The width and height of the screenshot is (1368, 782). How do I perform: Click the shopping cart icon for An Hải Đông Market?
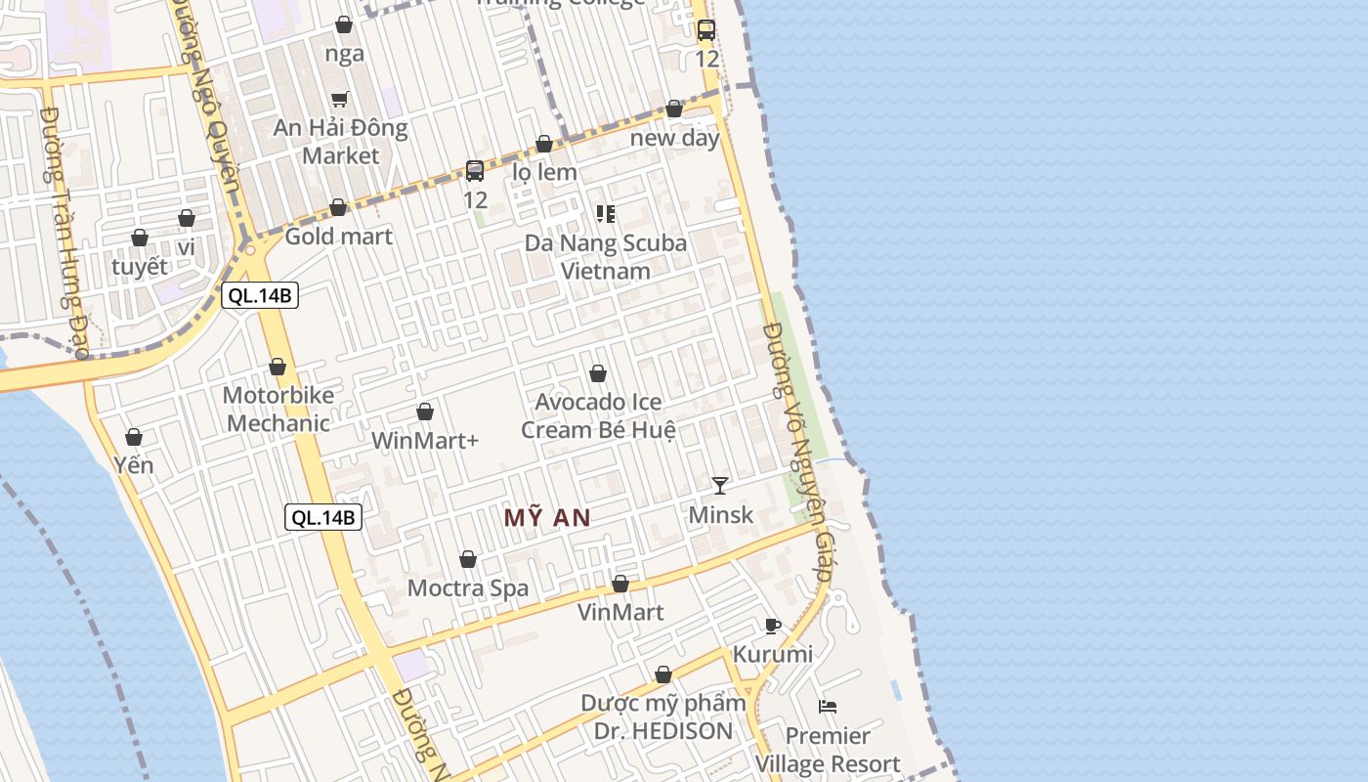(339, 99)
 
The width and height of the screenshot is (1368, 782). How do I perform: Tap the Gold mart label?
(338, 237)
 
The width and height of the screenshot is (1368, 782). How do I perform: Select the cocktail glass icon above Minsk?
(720, 486)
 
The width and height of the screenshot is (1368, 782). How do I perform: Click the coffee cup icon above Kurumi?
(772, 627)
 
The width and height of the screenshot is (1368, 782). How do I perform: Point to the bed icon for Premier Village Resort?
(828, 707)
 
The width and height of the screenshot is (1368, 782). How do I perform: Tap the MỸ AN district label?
(547, 518)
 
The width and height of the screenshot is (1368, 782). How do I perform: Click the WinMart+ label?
(425, 441)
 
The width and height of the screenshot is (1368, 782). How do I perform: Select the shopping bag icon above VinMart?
(620, 585)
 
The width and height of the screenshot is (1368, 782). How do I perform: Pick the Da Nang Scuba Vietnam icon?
(606, 213)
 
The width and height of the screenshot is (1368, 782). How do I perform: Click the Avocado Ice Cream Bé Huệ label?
(598, 415)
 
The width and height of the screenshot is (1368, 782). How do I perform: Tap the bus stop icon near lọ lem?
(475, 171)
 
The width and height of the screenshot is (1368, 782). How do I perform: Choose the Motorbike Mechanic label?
(278, 410)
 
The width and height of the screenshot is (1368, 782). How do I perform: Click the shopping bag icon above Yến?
(134, 437)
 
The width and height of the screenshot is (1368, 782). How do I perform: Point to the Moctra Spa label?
(468, 588)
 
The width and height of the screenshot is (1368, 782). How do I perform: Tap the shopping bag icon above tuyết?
(140, 238)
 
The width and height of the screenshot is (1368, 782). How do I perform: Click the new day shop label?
(674, 138)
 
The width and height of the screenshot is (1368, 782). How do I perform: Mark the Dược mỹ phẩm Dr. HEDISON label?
(663, 717)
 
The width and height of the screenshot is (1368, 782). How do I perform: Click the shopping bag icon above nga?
(344, 24)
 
